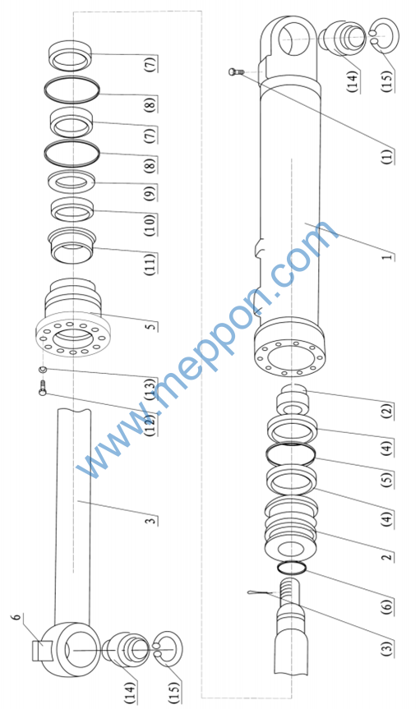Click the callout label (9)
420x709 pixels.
(150, 192)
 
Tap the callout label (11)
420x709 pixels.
(150, 264)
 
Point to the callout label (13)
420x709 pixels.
(150, 389)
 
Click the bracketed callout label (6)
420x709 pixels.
(387, 605)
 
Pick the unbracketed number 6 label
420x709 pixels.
(17, 618)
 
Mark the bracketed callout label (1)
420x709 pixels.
(387, 156)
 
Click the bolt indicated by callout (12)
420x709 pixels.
(43, 389)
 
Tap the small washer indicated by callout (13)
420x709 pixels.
(43, 370)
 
